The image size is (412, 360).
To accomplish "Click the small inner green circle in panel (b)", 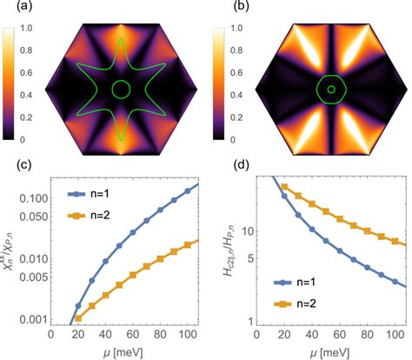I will pyautogui.click(x=330, y=89).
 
